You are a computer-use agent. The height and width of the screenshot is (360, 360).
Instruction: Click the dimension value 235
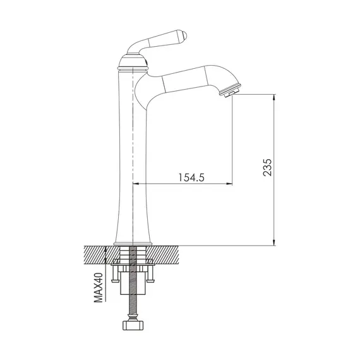[267, 169]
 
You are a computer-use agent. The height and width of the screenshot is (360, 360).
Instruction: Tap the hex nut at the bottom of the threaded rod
[133, 328]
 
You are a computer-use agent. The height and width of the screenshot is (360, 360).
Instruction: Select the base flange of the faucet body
[133, 243]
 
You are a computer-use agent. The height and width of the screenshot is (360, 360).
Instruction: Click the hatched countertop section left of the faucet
[98, 254]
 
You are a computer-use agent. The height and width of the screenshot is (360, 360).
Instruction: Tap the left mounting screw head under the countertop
[116, 275]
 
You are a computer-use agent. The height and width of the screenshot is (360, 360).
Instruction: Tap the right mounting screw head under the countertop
[151, 275]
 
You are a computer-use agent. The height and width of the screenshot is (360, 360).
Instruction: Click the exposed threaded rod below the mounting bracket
[133, 306]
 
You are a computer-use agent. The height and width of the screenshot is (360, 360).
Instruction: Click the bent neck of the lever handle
[139, 48]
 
